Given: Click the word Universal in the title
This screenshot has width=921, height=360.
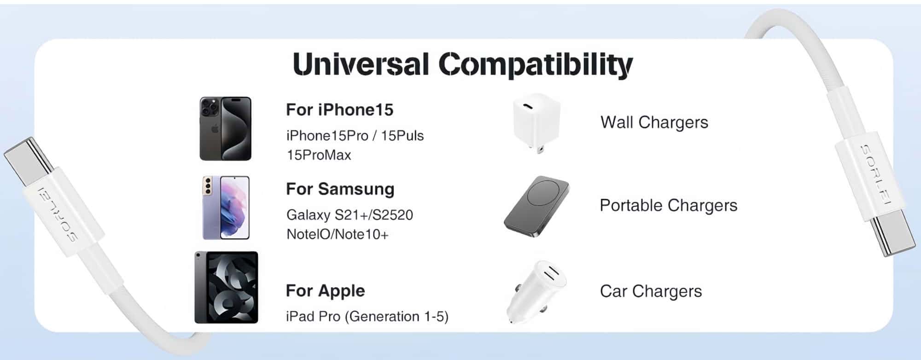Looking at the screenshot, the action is coord(361,64).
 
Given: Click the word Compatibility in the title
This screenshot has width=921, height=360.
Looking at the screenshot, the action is coord(536,65).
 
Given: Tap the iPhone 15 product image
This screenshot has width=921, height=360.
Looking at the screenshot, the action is coord(226,128).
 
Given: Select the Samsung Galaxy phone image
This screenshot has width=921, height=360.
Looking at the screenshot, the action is coord(226,208).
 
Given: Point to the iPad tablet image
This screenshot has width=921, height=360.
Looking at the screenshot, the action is coord(226,287).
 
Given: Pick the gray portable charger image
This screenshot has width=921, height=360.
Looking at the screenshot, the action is coord(536,206).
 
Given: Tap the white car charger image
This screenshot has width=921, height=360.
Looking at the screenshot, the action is coord(536,291).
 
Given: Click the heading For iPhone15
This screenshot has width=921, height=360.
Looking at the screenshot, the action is coord(340,110).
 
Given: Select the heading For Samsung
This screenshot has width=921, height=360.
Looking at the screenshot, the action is coord(340,189).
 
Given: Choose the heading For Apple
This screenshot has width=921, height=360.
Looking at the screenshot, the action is coord(325,291).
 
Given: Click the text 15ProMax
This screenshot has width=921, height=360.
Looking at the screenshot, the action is coord(319,155).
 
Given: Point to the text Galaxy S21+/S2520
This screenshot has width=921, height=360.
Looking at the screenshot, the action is coord(350,215).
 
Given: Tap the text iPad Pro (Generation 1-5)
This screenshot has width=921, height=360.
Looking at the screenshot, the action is coord(367,317).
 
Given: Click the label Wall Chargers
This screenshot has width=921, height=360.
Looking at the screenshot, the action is coord(654,122).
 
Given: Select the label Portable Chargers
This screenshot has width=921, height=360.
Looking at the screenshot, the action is coord(669,206).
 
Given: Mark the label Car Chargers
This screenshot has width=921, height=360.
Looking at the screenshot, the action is coord(651,291).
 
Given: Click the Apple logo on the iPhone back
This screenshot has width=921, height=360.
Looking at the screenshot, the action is coord(214,129).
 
